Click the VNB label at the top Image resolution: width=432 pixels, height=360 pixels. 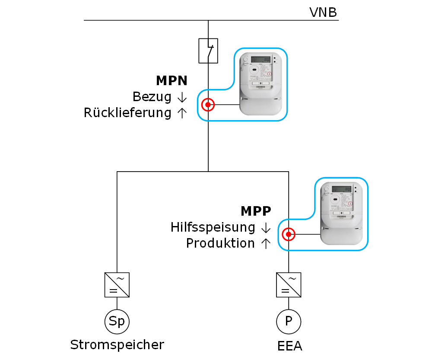tap(323, 12)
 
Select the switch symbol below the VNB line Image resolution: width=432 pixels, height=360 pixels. tap(208, 51)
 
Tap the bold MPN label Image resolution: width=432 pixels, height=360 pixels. tap(172, 80)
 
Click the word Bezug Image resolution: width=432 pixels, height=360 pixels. tap(152, 97)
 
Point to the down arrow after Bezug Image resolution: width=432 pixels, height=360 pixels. tap(182, 97)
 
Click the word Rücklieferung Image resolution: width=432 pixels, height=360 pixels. tap(127, 113)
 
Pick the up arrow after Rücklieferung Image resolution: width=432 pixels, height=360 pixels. tap(182, 113)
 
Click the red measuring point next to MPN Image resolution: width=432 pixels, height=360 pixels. tap(208, 105)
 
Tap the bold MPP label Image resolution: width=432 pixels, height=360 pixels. tap(256, 211)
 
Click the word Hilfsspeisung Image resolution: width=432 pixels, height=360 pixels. tap(213, 227)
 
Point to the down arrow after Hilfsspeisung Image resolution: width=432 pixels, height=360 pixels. tap(266, 228)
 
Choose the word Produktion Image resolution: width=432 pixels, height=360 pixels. tap(220, 244)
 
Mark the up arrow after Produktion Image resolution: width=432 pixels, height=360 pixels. tap(266, 244)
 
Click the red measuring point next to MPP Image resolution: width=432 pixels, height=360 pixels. tap(288, 235)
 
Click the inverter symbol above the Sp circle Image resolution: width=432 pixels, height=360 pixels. tap(117, 285)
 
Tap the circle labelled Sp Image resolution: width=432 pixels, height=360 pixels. tap(117, 322)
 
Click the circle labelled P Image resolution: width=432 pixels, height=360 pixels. tap(289, 322)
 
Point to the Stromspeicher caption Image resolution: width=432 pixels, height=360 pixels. tap(117, 345)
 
